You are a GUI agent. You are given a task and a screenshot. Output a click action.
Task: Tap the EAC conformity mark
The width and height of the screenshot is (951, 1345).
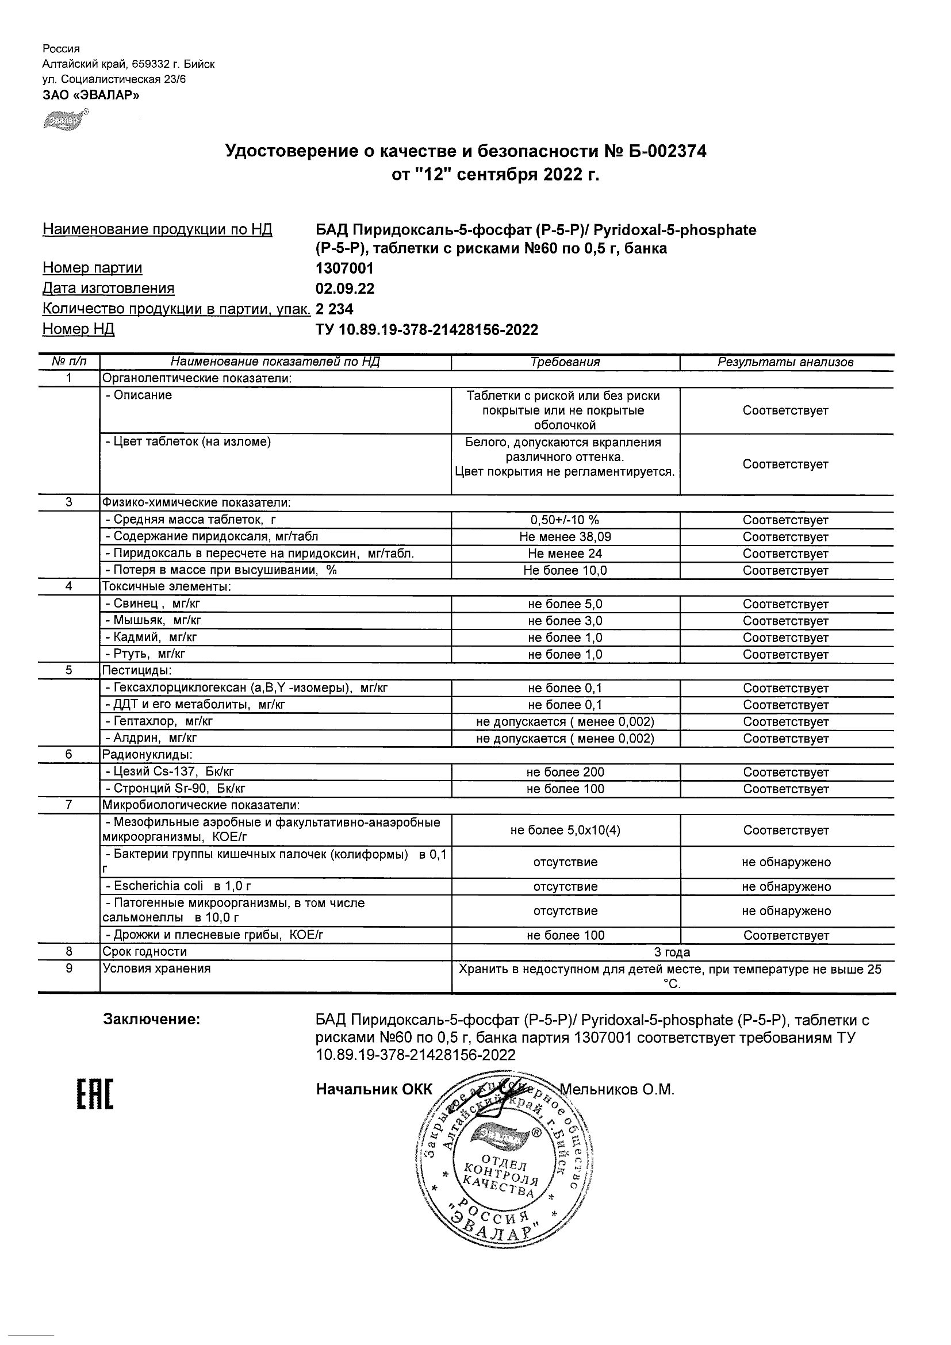click(x=95, y=1094)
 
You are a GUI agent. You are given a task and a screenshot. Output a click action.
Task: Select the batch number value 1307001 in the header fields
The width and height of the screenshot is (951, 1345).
click(x=344, y=268)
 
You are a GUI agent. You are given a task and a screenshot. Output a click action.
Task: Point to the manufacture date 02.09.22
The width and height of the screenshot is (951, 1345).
click(x=344, y=289)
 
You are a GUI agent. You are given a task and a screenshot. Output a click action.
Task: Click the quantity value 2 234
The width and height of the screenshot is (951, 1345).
click(x=334, y=309)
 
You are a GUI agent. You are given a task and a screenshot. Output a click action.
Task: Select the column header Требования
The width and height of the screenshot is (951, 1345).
click(x=565, y=362)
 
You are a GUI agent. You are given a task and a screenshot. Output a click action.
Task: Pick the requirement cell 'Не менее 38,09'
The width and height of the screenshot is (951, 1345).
click(x=565, y=537)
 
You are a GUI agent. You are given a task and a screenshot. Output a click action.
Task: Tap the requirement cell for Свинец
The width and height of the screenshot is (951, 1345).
click(x=565, y=604)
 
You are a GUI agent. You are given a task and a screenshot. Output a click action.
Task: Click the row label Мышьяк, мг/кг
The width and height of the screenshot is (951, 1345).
click(x=154, y=620)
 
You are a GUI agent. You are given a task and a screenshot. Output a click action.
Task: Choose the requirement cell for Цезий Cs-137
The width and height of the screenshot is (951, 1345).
click(x=565, y=772)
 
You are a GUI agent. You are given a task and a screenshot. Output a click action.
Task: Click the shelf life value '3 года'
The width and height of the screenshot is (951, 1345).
click(x=672, y=952)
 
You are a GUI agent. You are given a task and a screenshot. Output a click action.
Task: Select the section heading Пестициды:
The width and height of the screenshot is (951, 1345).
click(x=137, y=671)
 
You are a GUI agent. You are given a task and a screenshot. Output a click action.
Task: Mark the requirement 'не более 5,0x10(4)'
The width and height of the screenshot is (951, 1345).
click(x=565, y=830)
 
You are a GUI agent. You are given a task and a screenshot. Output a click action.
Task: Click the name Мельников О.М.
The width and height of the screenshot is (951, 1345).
click(x=617, y=1090)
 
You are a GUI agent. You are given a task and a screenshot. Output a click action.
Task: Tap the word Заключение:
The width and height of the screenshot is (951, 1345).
click(x=152, y=1019)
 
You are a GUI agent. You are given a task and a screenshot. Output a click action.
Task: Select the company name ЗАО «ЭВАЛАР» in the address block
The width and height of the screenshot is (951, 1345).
click(x=91, y=95)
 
